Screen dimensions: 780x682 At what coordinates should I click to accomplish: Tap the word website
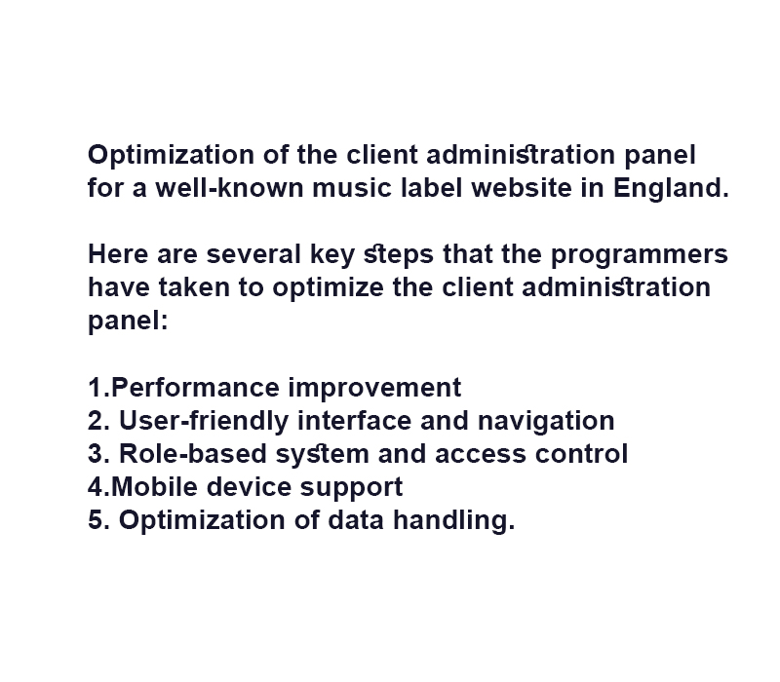(522, 188)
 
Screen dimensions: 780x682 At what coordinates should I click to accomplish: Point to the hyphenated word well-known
(229, 188)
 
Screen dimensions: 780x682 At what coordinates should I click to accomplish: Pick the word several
(253, 254)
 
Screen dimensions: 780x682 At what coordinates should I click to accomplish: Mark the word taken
(194, 287)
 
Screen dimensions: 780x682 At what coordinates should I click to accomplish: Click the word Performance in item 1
(196, 387)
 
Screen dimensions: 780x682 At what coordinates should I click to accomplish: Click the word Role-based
(193, 453)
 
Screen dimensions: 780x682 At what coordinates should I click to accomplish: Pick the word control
(581, 453)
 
